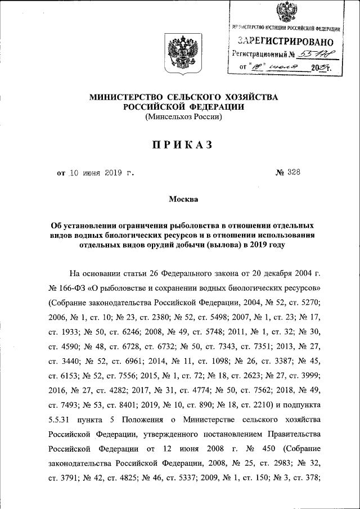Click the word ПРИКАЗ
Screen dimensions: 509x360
pyautogui.click(x=179, y=145)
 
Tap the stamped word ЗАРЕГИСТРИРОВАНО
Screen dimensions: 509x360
pyautogui.click(x=285, y=41)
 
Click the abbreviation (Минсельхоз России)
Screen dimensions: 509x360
pyautogui.click(x=184, y=117)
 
